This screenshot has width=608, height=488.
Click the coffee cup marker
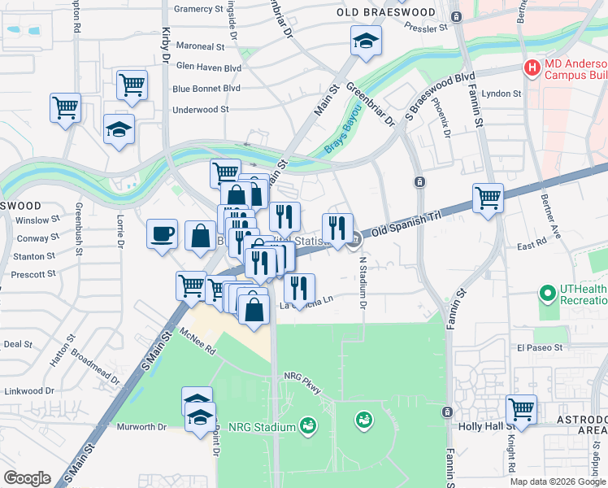[x=162, y=234]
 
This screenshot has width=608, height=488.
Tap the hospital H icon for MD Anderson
[x=532, y=68]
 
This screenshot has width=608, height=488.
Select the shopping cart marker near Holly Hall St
[x=520, y=409]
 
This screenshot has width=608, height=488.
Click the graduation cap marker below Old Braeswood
[x=366, y=40]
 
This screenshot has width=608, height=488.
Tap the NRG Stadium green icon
[x=307, y=425]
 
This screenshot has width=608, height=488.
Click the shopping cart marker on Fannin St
[x=488, y=197]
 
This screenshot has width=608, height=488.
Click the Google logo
[x=27, y=477]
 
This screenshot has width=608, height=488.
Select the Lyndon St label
[x=501, y=94]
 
